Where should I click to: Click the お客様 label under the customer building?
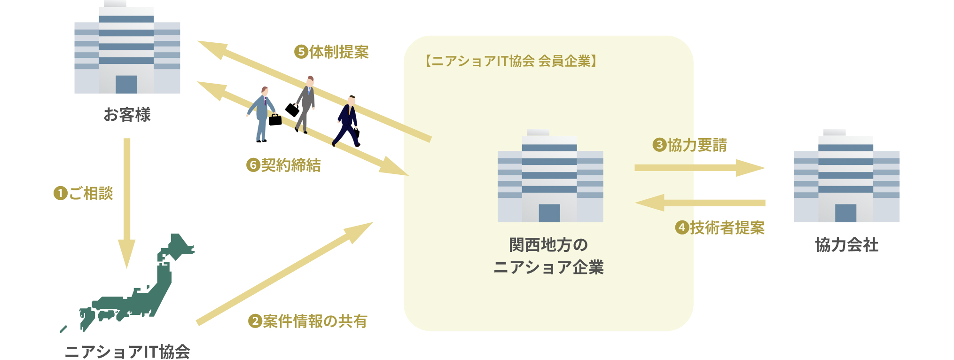pyautogui.click(x=127, y=115)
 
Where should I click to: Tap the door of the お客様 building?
pyautogui.click(x=126, y=84)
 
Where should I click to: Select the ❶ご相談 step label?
pyautogui.click(x=84, y=193)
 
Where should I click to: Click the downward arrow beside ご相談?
pyautogui.click(x=126, y=202)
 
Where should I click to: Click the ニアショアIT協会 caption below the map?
pyautogui.click(x=127, y=352)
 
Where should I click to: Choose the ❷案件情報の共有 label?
pyautogui.click(x=307, y=321)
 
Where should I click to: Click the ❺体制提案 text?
pyautogui.click(x=331, y=52)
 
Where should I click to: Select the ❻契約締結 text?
pyautogui.click(x=283, y=165)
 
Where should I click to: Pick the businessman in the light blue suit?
pyautogui.click(x=262, y=113)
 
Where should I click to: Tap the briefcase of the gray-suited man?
pyautogui.click(x=292, y=110)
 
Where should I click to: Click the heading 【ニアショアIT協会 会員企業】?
pyautogui.click(x=511, y=61)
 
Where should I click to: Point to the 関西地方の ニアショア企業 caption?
pyautogui.click(x=549, y=256)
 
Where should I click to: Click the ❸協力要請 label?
pyautogui.click(x=689, y=145)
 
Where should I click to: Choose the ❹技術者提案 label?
pyautogui.click(x=719, y=228)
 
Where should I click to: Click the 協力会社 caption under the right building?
pyautogui.click(x=846, y=245)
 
